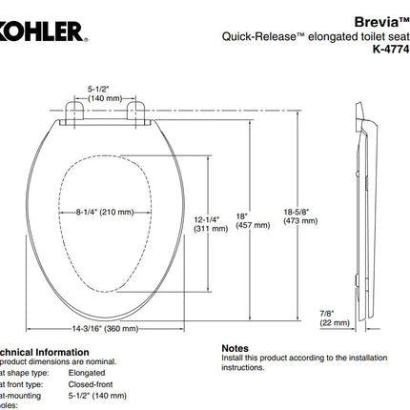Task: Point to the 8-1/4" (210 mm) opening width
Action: coord(104,212)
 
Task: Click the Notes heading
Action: coord(235,350)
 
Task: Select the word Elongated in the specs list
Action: coord(89,374)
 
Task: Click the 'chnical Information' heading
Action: coord(42,350)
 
